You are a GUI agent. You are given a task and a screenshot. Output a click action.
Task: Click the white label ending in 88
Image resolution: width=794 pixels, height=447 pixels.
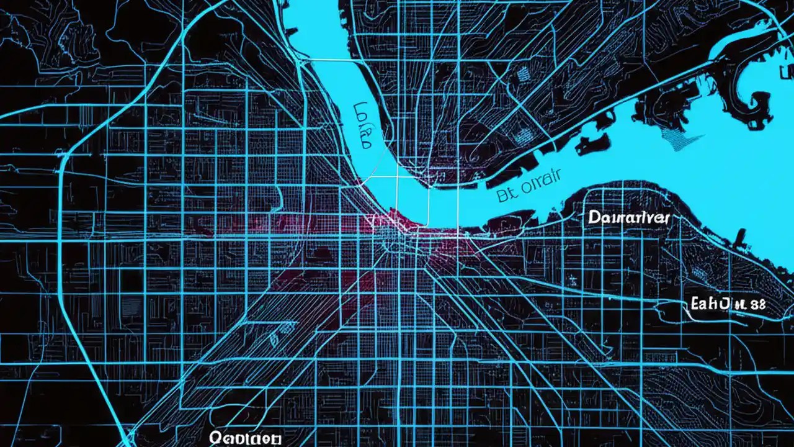[x=728, y=304]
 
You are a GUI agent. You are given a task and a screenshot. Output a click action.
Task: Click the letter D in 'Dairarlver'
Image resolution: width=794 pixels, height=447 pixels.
[x=593, y=218]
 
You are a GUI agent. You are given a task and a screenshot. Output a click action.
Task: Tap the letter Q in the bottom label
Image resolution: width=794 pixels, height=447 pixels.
[x=216, y=437]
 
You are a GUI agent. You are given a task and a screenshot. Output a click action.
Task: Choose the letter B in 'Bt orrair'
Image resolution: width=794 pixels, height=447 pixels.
[x=502, y=196]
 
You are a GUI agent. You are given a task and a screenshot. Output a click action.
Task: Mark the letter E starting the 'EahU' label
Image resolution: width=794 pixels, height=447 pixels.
[x=695, y=304]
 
